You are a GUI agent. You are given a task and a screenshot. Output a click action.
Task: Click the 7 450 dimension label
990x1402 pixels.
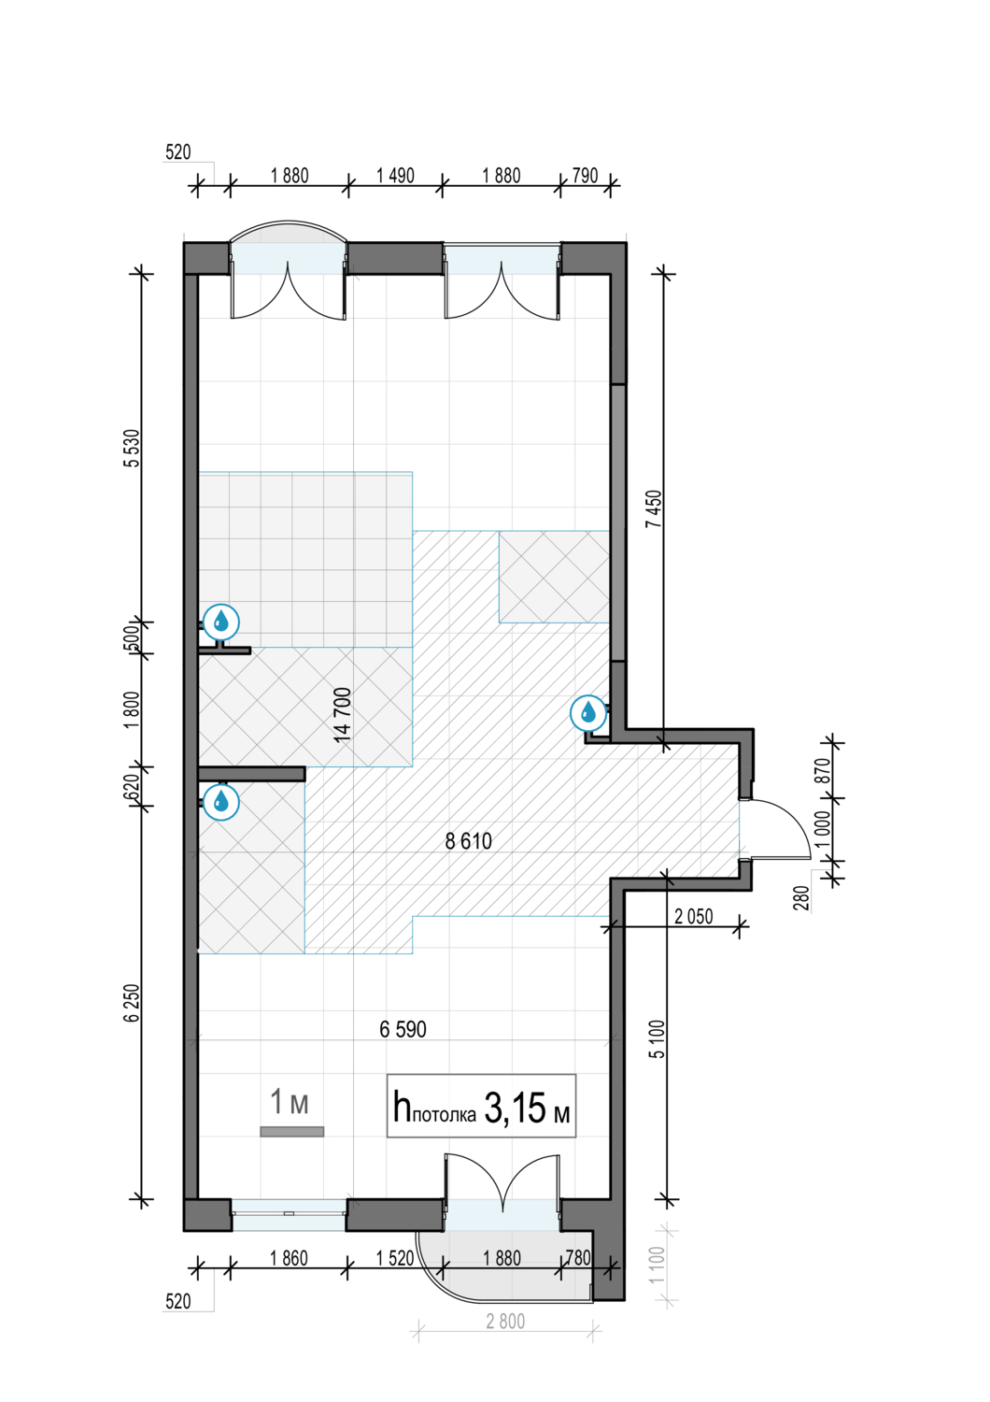point(654,508)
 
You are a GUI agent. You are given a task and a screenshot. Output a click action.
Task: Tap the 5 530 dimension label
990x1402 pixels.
point(132,448)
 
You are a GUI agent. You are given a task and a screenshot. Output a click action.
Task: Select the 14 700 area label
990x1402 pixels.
point(342,715)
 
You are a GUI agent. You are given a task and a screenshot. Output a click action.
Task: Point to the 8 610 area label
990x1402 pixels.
point(469,841)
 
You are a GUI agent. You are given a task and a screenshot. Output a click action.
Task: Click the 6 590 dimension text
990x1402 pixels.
point(403,1029)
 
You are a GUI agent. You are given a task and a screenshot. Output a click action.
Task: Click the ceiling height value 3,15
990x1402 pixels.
point(514,1108)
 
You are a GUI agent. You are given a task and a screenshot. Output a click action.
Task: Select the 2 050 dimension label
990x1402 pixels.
point(694,916)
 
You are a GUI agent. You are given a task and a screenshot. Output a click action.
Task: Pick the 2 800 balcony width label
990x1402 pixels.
point(505,1322)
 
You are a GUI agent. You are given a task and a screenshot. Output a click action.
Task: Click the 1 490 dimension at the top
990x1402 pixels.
point(395,176)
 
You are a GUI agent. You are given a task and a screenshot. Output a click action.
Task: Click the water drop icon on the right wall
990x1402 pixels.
point(588,712)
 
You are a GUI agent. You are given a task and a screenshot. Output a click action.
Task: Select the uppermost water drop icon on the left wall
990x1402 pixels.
point(220,622)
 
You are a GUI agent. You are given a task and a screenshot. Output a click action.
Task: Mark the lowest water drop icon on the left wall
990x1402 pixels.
point(220,801)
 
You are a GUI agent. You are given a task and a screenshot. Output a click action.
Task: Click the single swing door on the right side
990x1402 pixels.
point(775,830)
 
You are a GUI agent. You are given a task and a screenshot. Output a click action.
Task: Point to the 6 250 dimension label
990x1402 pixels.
point(132,1003)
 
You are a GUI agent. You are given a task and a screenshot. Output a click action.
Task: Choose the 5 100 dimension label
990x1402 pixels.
point(658,1039)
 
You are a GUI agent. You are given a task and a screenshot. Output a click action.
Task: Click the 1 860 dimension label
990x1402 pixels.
point(289,1258)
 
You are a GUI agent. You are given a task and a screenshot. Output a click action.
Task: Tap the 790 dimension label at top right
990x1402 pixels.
point(586,176)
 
